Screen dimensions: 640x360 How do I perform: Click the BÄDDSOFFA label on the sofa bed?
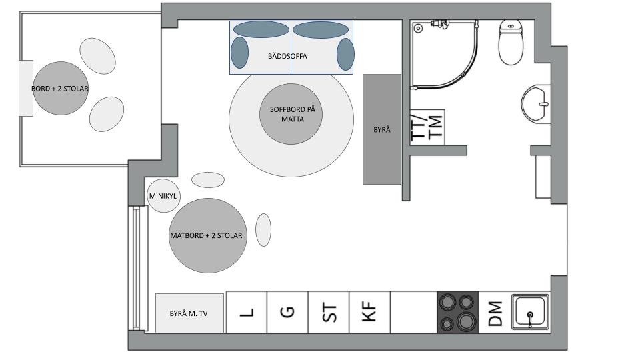click(287, 56)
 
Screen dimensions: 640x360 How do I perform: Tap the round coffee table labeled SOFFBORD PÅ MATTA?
click(291, 114)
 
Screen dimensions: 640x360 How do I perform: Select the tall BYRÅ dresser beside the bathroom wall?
click(382, 129)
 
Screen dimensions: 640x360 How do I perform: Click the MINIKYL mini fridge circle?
click(163, 195)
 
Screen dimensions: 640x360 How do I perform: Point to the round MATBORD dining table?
click(208, 235)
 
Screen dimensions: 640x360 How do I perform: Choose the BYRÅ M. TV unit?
click(189, 313)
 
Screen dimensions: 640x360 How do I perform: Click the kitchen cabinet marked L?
click(247, 312)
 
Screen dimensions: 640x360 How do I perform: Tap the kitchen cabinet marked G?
click(287, 312)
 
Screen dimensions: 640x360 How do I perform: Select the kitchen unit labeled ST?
click(329, 312)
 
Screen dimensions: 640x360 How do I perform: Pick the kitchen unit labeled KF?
click(369, 312)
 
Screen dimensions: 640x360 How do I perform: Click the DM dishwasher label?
click(495, 313)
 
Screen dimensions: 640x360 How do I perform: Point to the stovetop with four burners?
click(457, 312)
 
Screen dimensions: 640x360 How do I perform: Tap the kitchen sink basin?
click(530, 311)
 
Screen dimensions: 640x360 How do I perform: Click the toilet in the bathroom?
click(511, 41)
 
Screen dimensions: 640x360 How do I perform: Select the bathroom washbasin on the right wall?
click(536, 103)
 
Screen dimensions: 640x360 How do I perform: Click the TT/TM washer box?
click(427, 127)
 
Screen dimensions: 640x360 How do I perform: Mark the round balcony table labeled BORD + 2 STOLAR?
click(61, 88)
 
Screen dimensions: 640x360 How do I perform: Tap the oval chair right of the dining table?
click(263, 230)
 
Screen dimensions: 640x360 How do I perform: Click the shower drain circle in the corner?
click(418, 29)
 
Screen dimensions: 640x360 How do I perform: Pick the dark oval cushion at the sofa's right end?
click(345, 54)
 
